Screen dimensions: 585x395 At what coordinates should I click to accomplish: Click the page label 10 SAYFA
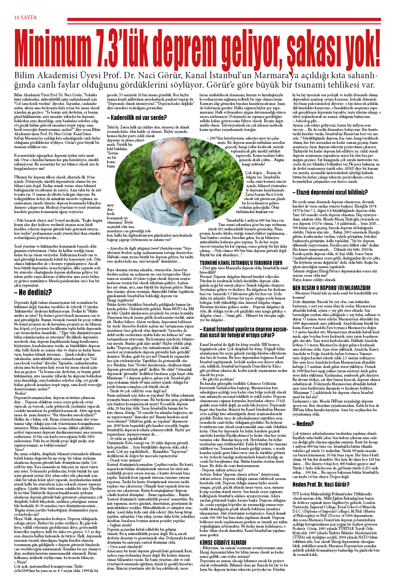26,17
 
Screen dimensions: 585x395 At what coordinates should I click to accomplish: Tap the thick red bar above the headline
224,19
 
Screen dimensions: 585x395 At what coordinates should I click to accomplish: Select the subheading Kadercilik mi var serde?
137,118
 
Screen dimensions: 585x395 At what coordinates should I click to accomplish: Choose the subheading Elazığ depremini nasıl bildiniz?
330,192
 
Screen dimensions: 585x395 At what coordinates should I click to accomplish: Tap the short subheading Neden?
303,424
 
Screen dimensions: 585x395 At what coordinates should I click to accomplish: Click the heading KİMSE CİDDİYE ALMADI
223,543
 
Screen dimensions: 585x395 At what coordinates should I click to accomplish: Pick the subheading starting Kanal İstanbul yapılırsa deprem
243,332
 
